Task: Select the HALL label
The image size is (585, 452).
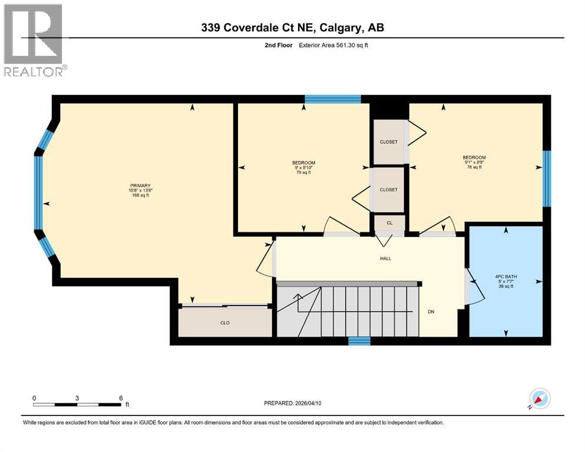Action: tap(385, 258)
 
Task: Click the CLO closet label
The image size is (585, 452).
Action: tap(224, 323)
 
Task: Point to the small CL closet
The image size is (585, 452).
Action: tap(389, 223)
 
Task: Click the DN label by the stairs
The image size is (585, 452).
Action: tap(431, 312)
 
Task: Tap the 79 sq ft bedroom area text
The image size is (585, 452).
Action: tap(303, 174)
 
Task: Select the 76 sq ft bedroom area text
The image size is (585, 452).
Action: tap(474, 167)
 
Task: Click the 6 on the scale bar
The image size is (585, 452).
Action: tap(121, 398)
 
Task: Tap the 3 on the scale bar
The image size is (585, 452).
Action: tap(77, 398)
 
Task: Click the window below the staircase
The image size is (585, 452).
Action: tap(359, 340)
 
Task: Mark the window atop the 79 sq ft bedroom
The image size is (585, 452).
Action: tap(332, 99)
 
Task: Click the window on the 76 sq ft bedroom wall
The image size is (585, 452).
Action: tap(546, 178)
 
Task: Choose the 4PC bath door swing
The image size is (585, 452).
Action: tap(475, 286)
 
